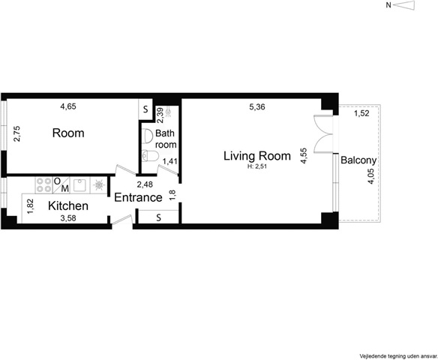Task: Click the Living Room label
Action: tap(257, 156)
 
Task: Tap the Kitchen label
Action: tap(68, 205)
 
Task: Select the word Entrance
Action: tap(138, 197)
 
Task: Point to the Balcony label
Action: tap(358, 160)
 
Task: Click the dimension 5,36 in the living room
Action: tap(257, 107)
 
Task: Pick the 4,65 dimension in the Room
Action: tap(68, 106)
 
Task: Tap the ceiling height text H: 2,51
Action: tap(257, 167)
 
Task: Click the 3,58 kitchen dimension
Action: tap(68, 218)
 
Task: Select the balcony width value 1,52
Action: tap(361, 113)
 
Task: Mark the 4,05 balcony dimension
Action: tap(371, 176)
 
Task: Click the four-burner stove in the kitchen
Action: tap(44, 185)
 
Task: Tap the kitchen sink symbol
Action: tap(80, 185)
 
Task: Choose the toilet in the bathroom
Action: tap(150, 155)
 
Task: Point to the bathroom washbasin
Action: tap(147, 136)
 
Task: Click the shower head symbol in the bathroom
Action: tap(168, 112)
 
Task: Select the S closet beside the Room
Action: tap(145, 109)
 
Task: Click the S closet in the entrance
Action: tap(158, 217)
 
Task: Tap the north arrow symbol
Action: tap(405, 5)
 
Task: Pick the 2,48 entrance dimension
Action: tap(145, 184)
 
